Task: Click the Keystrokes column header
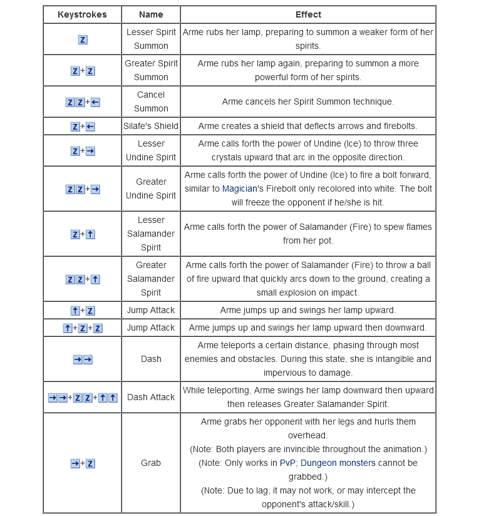point(82,14)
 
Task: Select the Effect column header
point(308,14)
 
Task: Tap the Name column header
point(151,14)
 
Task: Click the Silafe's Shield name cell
point(151,126)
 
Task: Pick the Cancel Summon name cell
point(151,101)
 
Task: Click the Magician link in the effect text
point(240,188)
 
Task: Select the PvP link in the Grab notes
point(288,463)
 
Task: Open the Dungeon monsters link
point(339,463)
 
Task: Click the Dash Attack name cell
point(151,397)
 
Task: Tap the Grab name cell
point(151,463)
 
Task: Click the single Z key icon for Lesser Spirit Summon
point(83,39)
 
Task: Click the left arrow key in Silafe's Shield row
point(91,126)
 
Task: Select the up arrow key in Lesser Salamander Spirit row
point(91,234)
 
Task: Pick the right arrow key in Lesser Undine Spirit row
point(91,151)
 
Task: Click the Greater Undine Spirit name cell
point(151,188)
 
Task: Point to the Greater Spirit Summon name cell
point(151,70)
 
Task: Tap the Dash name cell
point(151,359)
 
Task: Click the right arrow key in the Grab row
point(75,463)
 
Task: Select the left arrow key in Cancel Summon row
point(96,102)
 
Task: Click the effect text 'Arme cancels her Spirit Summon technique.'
point(308,101)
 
